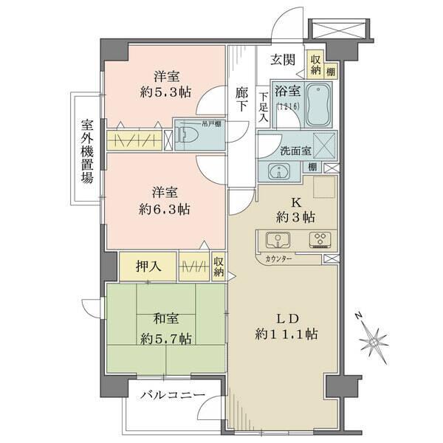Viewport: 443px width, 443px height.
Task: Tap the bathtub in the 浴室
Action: coord(320,106)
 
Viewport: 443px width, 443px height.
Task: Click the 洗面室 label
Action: coord(295,151)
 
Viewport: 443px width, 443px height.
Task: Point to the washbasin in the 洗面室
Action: coord(280,171)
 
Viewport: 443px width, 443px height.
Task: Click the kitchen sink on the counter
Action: coord(275,240)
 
